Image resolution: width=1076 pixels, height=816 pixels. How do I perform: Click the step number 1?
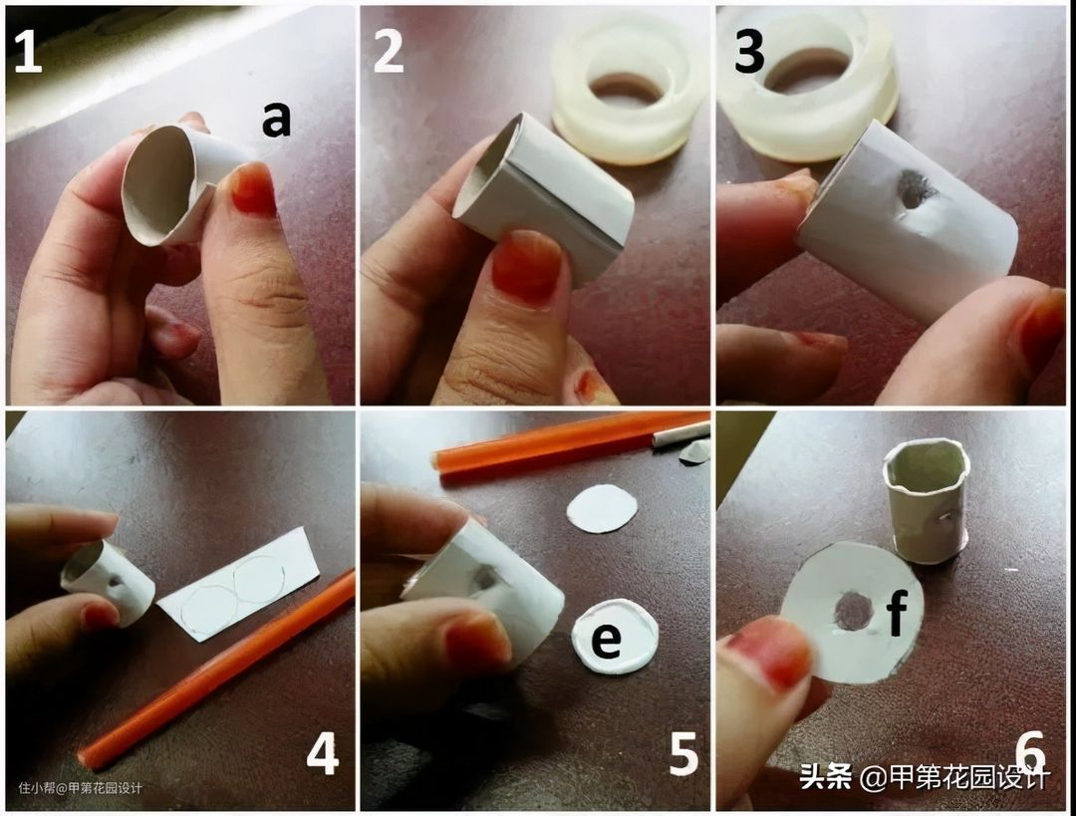point(28,52)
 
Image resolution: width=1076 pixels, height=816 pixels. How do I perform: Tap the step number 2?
point(389,52)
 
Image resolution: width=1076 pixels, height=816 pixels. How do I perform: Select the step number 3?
point(748,52)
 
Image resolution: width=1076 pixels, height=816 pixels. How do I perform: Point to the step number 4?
point(323,753)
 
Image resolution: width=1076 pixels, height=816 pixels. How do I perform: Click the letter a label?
point(277,120)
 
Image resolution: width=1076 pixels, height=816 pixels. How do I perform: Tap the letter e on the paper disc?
point(606,640)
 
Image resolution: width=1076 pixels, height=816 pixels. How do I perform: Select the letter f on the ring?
point(898,612)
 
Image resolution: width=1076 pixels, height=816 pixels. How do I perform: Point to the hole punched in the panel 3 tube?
point(912,188)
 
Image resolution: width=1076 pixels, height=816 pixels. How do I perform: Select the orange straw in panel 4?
point(216,670)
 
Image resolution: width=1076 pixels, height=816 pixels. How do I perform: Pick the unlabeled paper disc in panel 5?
point(602,508)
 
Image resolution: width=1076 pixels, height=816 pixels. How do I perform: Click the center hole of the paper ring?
point(854,612)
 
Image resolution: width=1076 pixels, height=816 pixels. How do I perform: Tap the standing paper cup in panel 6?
point(926,500)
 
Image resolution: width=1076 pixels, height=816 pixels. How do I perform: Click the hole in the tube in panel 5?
point(486,578)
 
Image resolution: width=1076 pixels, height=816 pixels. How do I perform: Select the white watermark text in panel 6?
point(925,778)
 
